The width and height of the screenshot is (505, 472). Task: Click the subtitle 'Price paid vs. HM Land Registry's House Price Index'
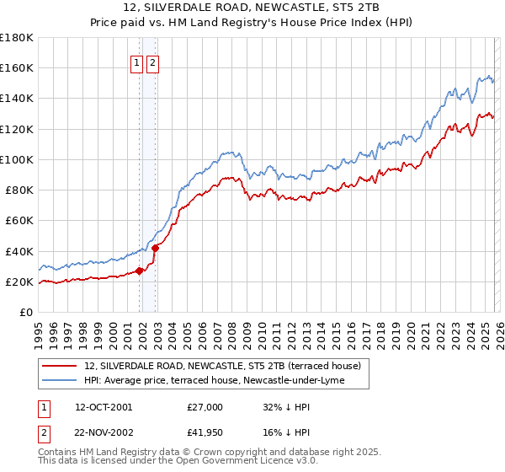[x=252, y=24]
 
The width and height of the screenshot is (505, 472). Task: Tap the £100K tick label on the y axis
[x=16, y=159]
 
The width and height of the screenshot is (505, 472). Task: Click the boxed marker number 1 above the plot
[x=136, y=62]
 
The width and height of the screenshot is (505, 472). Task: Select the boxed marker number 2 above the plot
[x=152, y=62]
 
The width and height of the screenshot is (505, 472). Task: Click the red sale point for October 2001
[x=139, y=271]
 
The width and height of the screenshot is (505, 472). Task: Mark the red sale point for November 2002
[x=156, y=248]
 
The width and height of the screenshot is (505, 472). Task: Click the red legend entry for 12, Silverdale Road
[x=222, y=366]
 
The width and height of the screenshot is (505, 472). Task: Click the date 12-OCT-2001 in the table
[x=104, y=406]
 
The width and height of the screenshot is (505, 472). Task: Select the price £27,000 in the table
[x=205, y=406]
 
